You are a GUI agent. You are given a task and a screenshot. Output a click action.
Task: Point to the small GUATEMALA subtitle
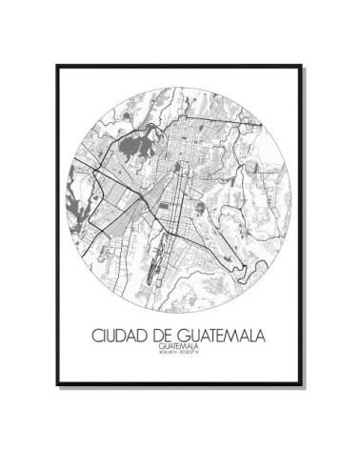(180, 349)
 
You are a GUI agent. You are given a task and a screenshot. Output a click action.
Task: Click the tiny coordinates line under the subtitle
(180, 357)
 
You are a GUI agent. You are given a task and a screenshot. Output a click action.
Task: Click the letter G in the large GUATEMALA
(186, 337)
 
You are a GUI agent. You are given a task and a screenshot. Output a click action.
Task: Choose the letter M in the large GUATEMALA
(234, 337)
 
